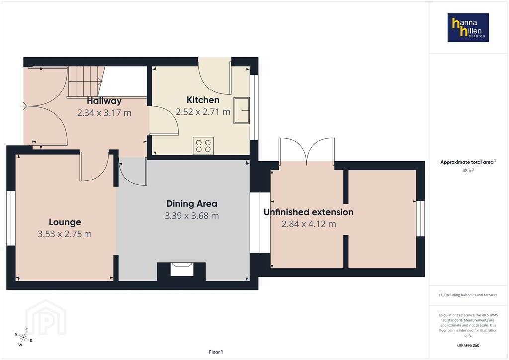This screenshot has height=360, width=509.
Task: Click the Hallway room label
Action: pos(104,101)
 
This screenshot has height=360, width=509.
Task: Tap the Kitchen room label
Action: pos(203,100)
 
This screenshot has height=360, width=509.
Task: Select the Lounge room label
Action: pos(65,222)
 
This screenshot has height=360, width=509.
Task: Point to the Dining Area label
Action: pos(191,204)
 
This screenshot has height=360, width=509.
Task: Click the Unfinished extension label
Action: pos(309,212)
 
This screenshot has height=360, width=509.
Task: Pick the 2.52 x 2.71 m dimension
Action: pos(203,112)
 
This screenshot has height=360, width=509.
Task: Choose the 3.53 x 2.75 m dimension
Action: pos(65,234)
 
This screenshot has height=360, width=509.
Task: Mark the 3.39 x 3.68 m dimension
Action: pos(191,216)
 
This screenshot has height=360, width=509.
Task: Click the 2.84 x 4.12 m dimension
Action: pos(309,224)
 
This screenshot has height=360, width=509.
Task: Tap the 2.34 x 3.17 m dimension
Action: pos(104,113)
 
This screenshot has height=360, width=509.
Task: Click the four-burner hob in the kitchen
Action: pos(203,146)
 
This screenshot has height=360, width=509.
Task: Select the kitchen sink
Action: pos(241,110)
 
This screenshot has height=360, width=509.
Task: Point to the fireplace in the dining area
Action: pos(182,270)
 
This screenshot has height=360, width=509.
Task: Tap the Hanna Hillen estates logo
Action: pos(468,27)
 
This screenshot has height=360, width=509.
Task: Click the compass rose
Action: pos(24,337)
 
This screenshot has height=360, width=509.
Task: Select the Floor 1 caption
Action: pos(216,352)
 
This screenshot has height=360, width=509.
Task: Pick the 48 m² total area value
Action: pos(468,170)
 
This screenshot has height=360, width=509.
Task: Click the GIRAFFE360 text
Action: pos(468,345)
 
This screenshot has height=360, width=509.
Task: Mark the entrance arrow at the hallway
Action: pos(24,106)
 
